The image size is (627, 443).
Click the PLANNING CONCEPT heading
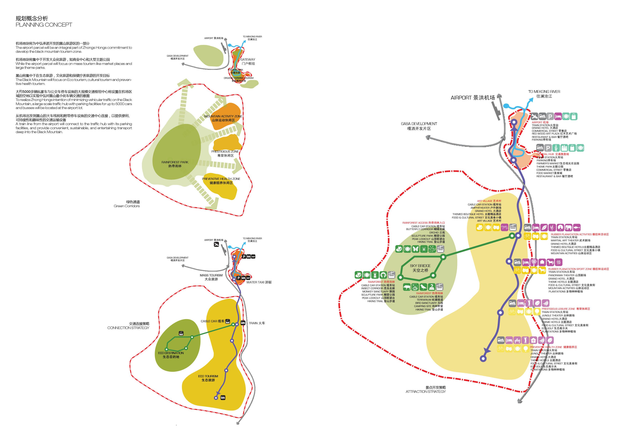pos(44,25)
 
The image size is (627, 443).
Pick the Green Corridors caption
pos(127,206)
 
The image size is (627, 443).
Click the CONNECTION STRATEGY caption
pos(128,328)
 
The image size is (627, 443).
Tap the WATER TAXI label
pos(259,282)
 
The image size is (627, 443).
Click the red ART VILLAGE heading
pos(489,201)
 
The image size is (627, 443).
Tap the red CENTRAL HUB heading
pos(552,154)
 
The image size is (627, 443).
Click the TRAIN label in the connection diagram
pos(257,323)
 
